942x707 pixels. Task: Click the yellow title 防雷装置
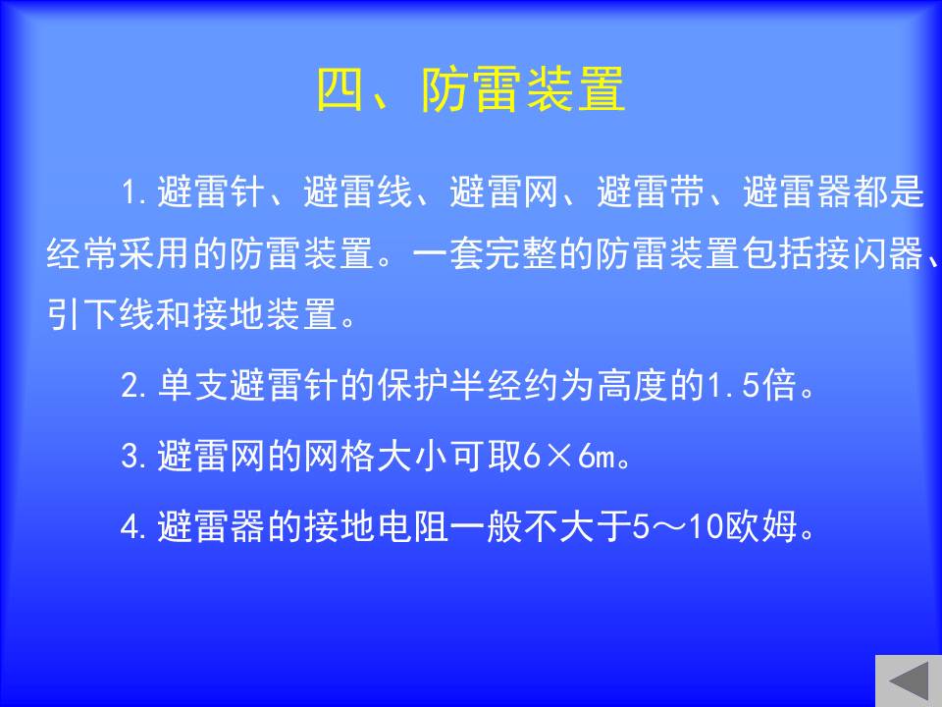pos(523,89)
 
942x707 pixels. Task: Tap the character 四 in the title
pos(340,89)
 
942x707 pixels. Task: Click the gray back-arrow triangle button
pos(909,681)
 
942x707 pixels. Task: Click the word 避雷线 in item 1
pos(357,191)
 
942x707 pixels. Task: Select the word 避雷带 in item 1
pos(651,191)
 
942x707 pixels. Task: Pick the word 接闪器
pos(869,253)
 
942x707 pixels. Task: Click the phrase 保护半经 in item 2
pos(450,385)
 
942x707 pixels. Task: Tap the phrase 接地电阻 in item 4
pos(377,526)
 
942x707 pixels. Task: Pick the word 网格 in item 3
pos(340,456)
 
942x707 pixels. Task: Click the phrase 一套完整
pos(486,253)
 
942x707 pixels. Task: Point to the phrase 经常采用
pos(119,253)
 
